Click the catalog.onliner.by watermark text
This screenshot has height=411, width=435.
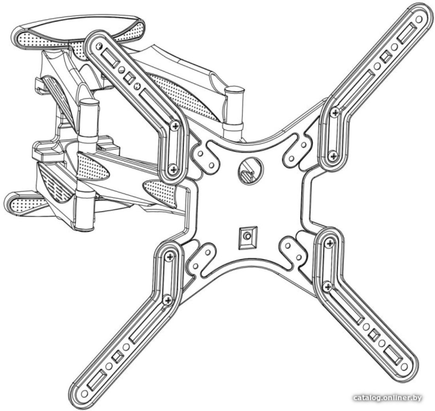387,398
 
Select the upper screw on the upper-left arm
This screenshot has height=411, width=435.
176,126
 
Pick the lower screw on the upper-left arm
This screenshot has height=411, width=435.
173,169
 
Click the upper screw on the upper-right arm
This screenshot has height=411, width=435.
335,112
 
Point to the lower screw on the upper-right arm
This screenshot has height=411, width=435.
333,156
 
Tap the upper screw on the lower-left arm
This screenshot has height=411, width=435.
169,257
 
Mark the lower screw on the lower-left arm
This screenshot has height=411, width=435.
168,300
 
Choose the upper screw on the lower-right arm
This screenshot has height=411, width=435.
330,243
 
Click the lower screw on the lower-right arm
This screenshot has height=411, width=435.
328,286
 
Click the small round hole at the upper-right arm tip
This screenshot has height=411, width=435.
419,19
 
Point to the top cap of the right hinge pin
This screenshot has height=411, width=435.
235,90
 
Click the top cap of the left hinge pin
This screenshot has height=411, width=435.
89,102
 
